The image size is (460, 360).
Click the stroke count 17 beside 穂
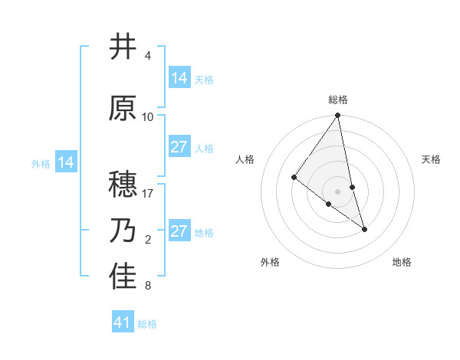(149, 194)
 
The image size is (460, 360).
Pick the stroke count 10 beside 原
(148, 117)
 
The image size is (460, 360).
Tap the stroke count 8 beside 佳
(148, 286)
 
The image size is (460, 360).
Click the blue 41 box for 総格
(122, 322)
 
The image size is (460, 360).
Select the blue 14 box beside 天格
(179, 78)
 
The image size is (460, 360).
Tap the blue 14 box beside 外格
(66, 162)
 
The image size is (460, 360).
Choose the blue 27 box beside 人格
(179, 147)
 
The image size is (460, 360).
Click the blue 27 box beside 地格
(179, 231)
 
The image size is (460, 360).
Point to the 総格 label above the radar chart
(338, 100)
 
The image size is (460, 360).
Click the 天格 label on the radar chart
(431, 159)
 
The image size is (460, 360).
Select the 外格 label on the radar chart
(270, 262)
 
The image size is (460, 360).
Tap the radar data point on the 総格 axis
(338, 116)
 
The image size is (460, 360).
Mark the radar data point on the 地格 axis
(364, 229)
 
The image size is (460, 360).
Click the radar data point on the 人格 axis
(294, 177)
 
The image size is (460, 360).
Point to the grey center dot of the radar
(338, 191)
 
